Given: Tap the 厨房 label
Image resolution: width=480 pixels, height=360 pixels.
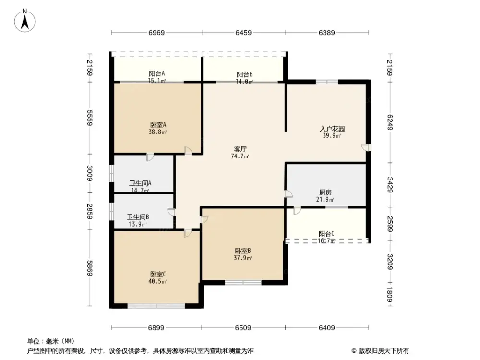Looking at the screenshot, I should coord(325,192).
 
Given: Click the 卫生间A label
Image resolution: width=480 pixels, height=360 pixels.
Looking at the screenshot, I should coord(141,183).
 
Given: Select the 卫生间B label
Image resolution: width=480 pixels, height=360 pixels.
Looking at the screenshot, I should coord(138,217).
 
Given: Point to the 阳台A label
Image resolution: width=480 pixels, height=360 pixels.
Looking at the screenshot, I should coord(157,73).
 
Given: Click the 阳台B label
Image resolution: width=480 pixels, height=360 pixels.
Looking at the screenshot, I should coord(244,74).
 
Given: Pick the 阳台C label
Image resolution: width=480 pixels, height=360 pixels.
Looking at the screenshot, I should coord(326,234).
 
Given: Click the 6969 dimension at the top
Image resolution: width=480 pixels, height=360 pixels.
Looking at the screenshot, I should coord(156,33).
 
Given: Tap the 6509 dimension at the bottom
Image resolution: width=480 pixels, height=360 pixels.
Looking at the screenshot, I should coord(243,328).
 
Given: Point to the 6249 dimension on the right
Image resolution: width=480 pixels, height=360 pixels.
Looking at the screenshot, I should coord(390,121).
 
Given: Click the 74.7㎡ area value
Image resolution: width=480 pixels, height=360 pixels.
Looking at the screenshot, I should coord(240,156).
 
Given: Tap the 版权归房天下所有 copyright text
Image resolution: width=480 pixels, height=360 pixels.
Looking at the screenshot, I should coord(383,351).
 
